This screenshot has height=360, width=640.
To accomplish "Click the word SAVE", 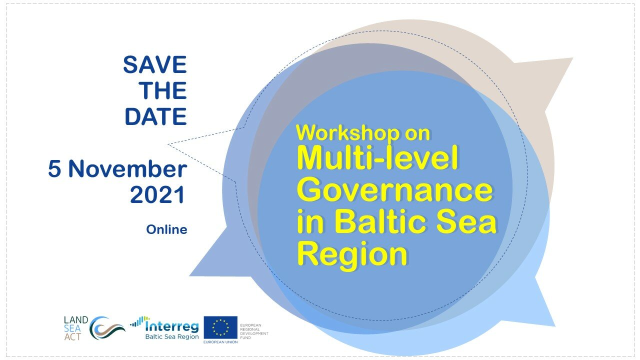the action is click(155, 65).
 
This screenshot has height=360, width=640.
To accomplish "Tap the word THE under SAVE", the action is click(163, 90).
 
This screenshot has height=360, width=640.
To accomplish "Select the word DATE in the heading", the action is click(156, 116).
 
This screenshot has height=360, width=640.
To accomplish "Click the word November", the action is click(128, 169).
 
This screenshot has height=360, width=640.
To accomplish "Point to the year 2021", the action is click(157, 195).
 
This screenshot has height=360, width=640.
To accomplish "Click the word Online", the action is click(167, 229).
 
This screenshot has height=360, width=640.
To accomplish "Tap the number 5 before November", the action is click(54, 169).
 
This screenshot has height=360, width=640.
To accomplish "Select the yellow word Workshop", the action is click(347, 133).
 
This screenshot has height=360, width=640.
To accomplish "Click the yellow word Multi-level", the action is click(377, 158).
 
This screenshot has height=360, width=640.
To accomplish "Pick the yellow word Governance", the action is click(395, 189).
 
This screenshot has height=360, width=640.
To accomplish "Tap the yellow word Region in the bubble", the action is click(352, 253).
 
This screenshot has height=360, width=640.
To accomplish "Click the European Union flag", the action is click(220, 327).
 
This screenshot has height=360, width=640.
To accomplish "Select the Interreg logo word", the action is click(172, 326).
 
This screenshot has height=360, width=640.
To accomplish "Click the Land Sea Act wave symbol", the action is click(106, 328).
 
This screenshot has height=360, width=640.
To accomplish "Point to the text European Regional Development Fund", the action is click(254, 331).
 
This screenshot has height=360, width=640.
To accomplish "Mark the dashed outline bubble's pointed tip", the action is click(168, 144).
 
